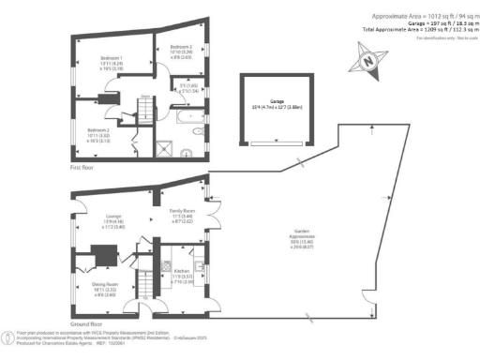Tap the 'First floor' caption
[x=82, y=167]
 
